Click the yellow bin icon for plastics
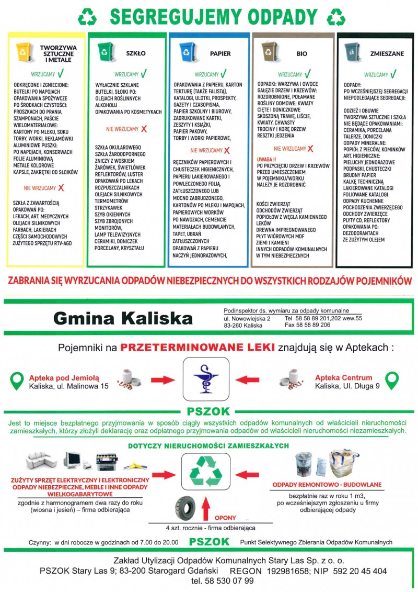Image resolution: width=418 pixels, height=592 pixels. click(x=23, y=51)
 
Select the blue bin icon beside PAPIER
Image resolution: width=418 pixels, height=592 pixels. click(x=187, y=51)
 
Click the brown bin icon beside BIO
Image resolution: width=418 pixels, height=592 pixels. click(x=269, y=51)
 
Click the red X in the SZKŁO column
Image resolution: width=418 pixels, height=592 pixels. click(x=144, y=129)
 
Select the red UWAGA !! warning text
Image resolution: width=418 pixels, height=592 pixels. click(x=268, y=159)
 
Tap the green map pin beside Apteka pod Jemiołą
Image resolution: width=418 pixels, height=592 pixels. click(x=17, y=380)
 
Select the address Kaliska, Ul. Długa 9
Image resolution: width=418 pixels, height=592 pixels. click(x=347, y=386)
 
